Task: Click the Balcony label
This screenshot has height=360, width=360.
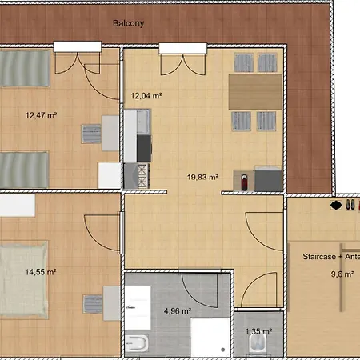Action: (x=128, y=23)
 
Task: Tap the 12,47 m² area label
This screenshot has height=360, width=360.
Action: (x=41, y=115)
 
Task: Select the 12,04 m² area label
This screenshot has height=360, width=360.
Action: (x=146, y=95)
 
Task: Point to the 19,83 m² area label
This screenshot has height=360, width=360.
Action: (x=202, y=177)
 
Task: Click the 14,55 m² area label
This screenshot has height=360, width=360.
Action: (x=41, y=272)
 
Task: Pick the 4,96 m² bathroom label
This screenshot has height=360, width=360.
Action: (x=178, y=311)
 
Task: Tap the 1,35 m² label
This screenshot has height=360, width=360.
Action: (x=258, y=331)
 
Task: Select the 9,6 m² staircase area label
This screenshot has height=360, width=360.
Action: (x=342, y=274)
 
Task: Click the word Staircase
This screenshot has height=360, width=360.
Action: (x=319, y=257)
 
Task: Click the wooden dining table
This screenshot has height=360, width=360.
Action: (x=255, y=92)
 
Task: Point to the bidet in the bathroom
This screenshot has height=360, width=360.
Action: (x=137, y=343)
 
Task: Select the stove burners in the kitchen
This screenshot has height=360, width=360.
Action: (x=142, y=175)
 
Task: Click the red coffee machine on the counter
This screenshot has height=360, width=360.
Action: (x=244, y=182)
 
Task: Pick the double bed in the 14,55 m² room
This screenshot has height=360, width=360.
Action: (x=23, y=279)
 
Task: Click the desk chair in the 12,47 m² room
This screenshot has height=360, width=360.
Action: (x=91, y=134)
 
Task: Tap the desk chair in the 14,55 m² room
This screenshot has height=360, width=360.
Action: (x=93, y=304)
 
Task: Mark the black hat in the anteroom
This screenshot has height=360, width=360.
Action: (x=336, y=205)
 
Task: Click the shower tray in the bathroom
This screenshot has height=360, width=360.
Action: (x=210, y=337)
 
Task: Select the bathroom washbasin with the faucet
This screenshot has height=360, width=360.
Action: (x=138, y=308)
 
